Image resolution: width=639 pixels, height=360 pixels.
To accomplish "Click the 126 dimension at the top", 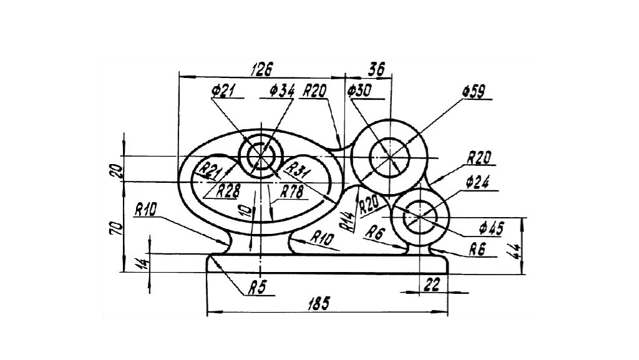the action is pos(261,70).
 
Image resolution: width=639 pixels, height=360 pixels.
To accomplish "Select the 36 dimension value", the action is pos(376,69).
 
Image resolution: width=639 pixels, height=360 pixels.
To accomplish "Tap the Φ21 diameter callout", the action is pos(223,90).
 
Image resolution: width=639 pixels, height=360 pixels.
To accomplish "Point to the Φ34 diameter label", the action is pos(282,90).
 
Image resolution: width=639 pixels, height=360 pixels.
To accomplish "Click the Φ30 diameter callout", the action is pos(359,90).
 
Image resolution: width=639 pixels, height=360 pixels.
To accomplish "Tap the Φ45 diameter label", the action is pos(492,228).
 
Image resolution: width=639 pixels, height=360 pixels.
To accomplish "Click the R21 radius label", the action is pos(208,170).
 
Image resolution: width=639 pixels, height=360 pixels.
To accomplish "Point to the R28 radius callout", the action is pos(228,190).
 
